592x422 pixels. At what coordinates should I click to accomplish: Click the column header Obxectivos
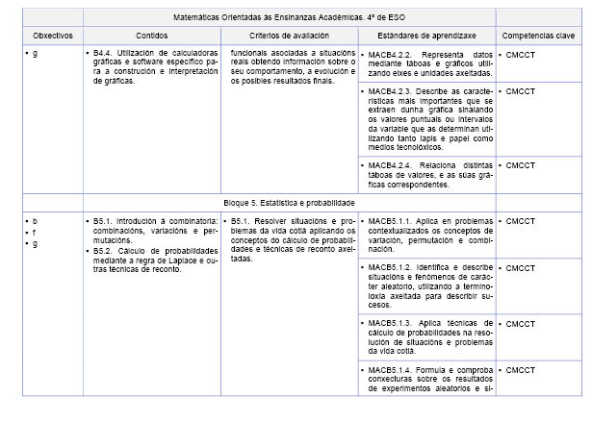[x=53, y=35]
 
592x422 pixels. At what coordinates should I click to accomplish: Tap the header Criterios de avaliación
[x=289, y=35]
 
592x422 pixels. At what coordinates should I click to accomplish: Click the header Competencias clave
[x=538, y=35]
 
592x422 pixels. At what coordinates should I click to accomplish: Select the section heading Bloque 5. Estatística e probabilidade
[x=290, y=203]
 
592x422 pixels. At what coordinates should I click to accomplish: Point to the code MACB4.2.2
[x=388, y=54]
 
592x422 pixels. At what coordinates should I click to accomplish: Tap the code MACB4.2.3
[x=388, y=91]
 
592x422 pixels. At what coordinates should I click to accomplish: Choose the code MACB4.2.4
[x=388, y=165]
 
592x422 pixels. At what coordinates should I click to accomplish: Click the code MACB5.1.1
[x=388, y=221]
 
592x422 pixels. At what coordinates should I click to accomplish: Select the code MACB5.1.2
[x=388, y=267]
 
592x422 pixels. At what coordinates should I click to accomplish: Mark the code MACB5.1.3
[x=388, y=323]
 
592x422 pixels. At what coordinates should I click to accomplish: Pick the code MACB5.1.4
[x=388, y=369]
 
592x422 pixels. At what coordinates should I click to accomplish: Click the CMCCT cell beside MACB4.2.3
[x=522, y=91]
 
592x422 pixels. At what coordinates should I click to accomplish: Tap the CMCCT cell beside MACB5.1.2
[x=522, y=267]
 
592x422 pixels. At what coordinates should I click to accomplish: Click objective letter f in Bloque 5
[x=35, y=232]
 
